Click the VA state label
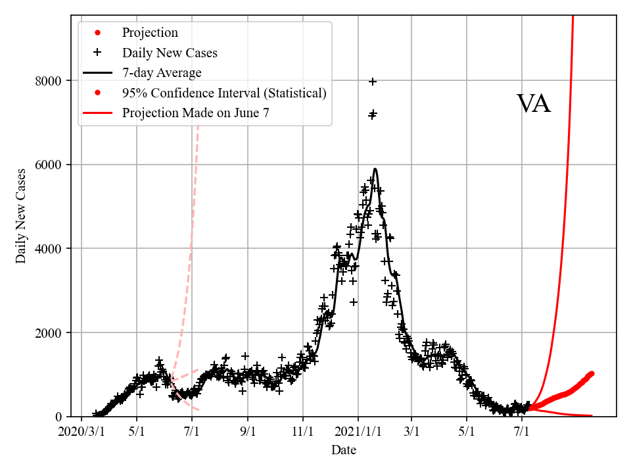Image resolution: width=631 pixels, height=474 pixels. point(533,104)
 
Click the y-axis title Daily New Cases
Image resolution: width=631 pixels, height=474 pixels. point(22,216)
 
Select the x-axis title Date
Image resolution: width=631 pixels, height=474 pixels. point(344,450)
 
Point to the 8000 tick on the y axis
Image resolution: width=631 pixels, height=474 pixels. point(48,81)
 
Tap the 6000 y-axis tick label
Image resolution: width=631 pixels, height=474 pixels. point(48,165)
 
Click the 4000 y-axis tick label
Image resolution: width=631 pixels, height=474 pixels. point(48,249)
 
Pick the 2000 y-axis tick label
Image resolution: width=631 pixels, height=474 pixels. point(48,332)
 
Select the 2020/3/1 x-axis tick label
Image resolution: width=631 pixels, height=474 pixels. point(81,434)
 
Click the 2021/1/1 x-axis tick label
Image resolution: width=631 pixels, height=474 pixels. point(358,434)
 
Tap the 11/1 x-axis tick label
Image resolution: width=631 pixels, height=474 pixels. point(303,434)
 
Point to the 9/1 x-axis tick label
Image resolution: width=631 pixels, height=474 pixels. point(248,434)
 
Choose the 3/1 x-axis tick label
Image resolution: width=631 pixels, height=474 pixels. point(412,434)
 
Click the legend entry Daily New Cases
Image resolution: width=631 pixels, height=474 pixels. point(169,53)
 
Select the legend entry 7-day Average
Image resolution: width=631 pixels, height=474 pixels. point(162,72)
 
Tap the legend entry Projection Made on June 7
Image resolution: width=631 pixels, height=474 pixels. point(195,113)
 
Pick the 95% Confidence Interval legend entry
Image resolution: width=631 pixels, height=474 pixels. point(223,93)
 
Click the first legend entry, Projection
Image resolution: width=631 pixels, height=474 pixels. point(150,32)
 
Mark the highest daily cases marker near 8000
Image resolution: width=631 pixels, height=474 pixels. point(373,82)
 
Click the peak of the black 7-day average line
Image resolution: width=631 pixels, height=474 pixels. point(375,169)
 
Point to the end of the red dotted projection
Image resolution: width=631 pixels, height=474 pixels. point(592,373)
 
